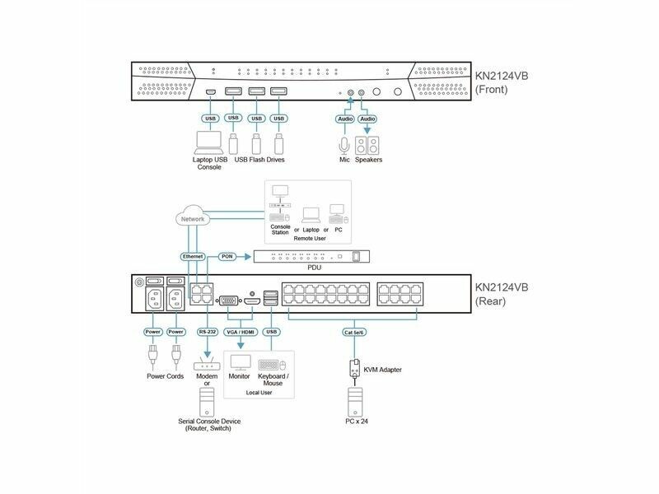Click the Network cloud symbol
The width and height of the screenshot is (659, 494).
[x=192, y=219]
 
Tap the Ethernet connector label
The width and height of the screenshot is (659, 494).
[x=194, y=256]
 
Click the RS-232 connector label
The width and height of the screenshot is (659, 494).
[x=208, y=332]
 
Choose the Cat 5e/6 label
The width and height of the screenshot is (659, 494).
[x=356, y=333]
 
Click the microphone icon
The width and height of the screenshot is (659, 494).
[x=345, y=145]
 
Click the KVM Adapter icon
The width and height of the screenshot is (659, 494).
[x=356, y=369]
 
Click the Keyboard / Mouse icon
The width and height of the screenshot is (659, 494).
[x=273, y=363]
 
